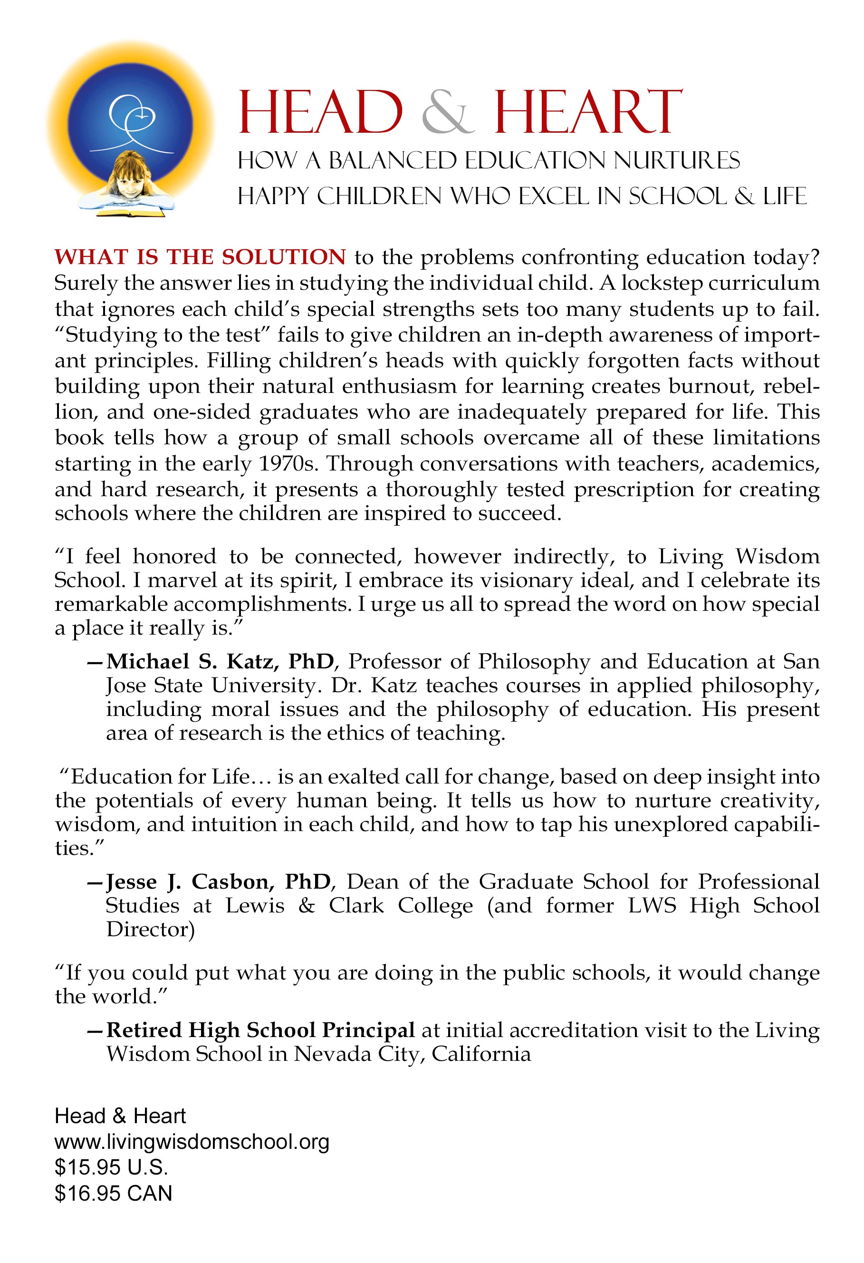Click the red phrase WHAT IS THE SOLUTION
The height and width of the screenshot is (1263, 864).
click(200, 257)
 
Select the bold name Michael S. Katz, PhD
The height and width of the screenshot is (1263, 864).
click(220, 661)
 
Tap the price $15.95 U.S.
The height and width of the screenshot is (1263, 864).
click(111, 1167)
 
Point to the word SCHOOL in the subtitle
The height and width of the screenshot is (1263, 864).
click(677, 197)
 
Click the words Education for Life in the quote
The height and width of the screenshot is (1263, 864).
click(160, 777)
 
